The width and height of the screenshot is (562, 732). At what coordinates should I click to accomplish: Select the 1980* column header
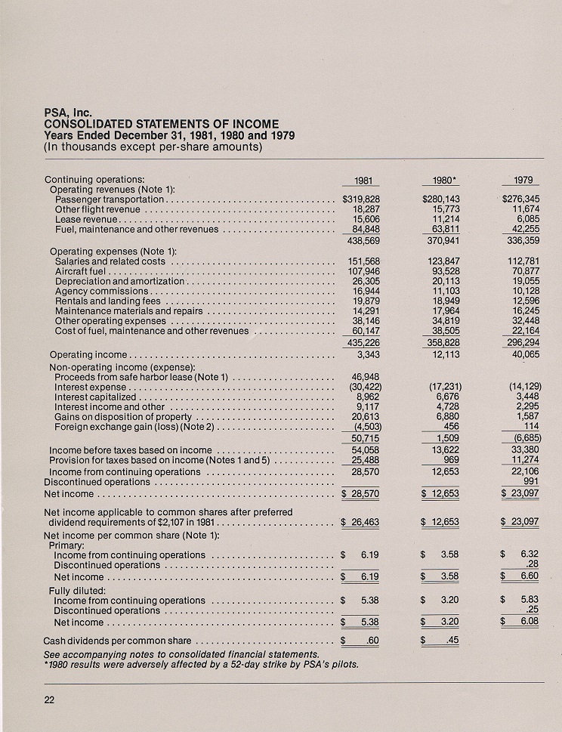point(440,181)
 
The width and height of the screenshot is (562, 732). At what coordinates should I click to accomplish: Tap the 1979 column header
point(522,181)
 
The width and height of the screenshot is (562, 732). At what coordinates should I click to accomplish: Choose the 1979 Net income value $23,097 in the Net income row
point(520,493)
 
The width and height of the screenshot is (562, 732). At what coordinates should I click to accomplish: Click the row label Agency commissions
point(104,292)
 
